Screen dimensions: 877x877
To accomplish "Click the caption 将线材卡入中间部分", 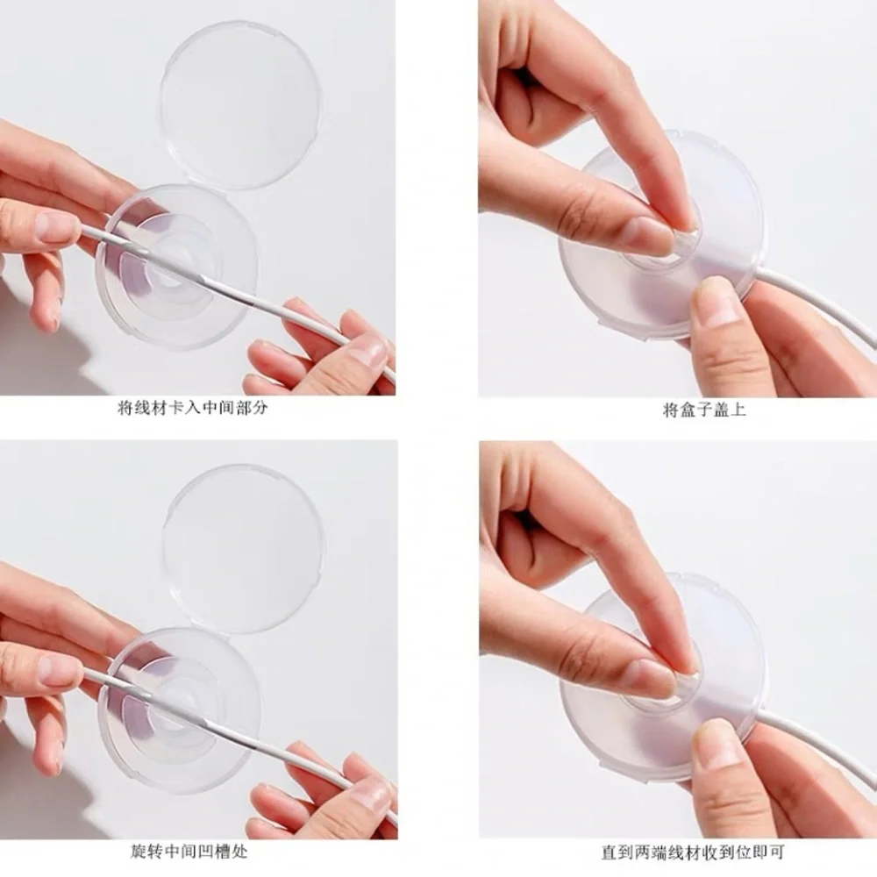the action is [192, 407].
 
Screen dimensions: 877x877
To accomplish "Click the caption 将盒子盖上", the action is [704, 410].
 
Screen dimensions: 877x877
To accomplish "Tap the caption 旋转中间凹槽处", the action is [189, 852].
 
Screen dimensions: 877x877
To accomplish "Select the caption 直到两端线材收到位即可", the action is [693, 852].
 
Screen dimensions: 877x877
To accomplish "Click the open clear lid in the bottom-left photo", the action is [243, 548].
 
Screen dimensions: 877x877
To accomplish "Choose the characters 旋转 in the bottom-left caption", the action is [146, 852].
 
